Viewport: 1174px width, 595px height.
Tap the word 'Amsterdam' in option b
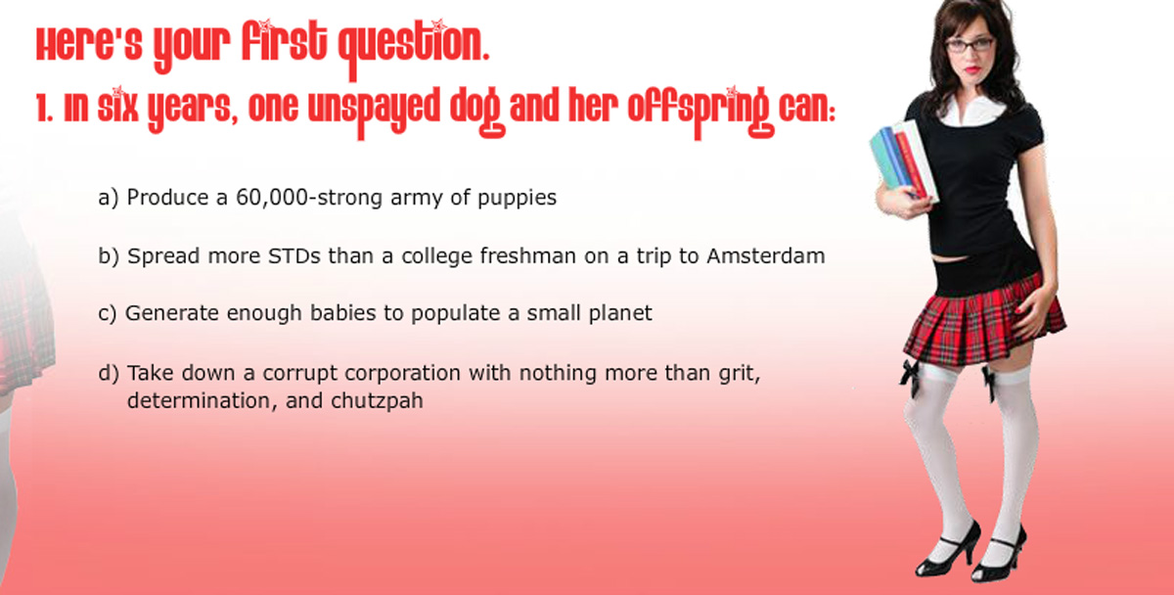coord(766,256)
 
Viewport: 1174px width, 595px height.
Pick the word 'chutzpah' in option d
coord(377,401)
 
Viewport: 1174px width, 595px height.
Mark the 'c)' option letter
coord(108,313)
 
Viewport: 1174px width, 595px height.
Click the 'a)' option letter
coord(109,198)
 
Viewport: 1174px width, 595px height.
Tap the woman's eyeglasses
coord(970,45)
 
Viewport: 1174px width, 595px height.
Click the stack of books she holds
coord(902,160)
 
